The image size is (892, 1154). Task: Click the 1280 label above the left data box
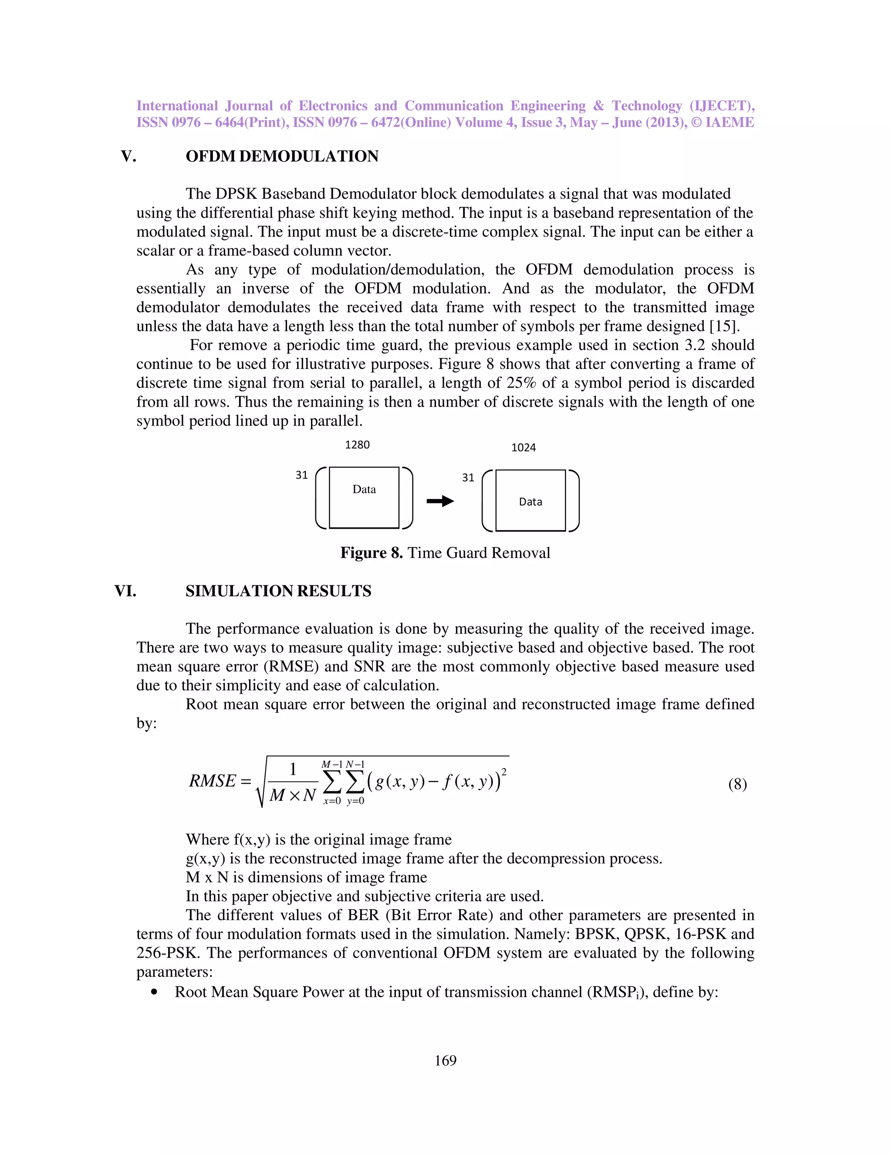click(357, 445)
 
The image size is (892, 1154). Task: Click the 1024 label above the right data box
click(523, 448)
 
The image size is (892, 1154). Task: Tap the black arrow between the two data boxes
click(440, 501)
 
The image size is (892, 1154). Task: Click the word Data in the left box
click(364, 489)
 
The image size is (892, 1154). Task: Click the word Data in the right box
click(530, 502)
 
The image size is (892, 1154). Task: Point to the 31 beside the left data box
click(301, 475)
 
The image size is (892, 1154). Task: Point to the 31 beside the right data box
click(468, 478)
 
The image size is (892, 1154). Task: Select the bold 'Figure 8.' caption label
click(371, 553)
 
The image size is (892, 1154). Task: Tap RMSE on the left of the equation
click(213, 781)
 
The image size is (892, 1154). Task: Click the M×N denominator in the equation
click(292, 795)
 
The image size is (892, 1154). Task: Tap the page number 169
click(446, 1060)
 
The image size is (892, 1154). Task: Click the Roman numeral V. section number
click(128, 156)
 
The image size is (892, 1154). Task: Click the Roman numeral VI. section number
click(125, 591)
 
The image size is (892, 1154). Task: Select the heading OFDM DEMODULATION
click(282, 156)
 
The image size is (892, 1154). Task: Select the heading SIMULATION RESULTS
click(278, 591)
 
